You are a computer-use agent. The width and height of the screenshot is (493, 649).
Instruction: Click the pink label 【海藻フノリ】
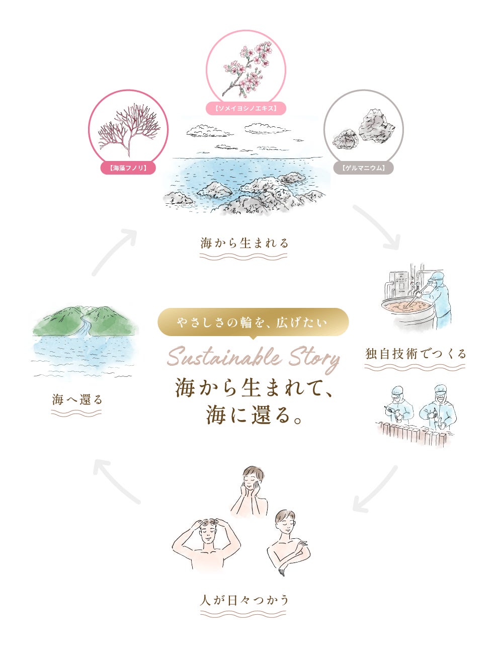[x=128, y=168]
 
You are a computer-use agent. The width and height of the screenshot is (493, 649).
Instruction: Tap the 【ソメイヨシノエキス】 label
[x=245, y=108]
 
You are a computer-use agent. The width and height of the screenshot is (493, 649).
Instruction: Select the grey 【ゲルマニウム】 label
[x=363, y=168]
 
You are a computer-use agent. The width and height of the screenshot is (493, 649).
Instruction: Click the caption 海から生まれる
[x=244, y=244]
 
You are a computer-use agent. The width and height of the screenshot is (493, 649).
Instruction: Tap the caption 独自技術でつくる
[x=416, y=354]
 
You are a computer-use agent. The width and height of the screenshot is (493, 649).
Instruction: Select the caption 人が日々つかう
[x=244, y=600]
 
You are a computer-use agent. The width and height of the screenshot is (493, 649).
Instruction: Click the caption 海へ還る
[x=77, y=400]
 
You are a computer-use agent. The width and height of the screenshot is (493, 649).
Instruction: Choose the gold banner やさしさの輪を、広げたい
[x=253, y=322]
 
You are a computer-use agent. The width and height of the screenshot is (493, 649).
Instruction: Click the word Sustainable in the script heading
[x=224, y=358]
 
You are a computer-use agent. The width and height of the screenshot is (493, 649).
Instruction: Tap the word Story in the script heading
[x=314, y=359]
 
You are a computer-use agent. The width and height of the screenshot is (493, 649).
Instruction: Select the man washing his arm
[x=287, y=541]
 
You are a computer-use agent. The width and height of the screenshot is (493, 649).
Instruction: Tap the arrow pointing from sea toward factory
[x=377, y=227]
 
